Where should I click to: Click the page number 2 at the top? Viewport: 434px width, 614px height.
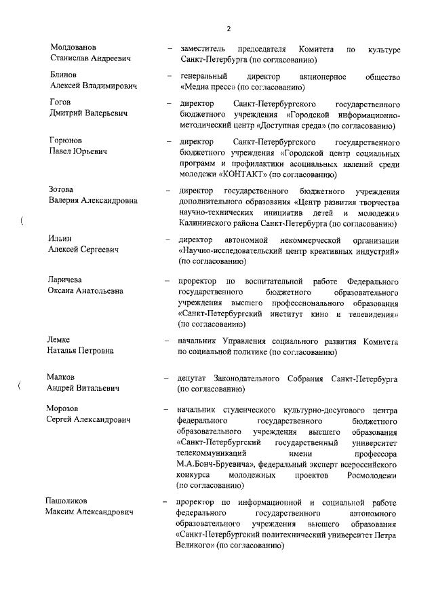[x=229, y=28]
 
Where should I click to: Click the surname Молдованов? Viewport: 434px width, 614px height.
[x=73, y=47]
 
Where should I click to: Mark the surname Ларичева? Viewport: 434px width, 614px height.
[x=67, y=280]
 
